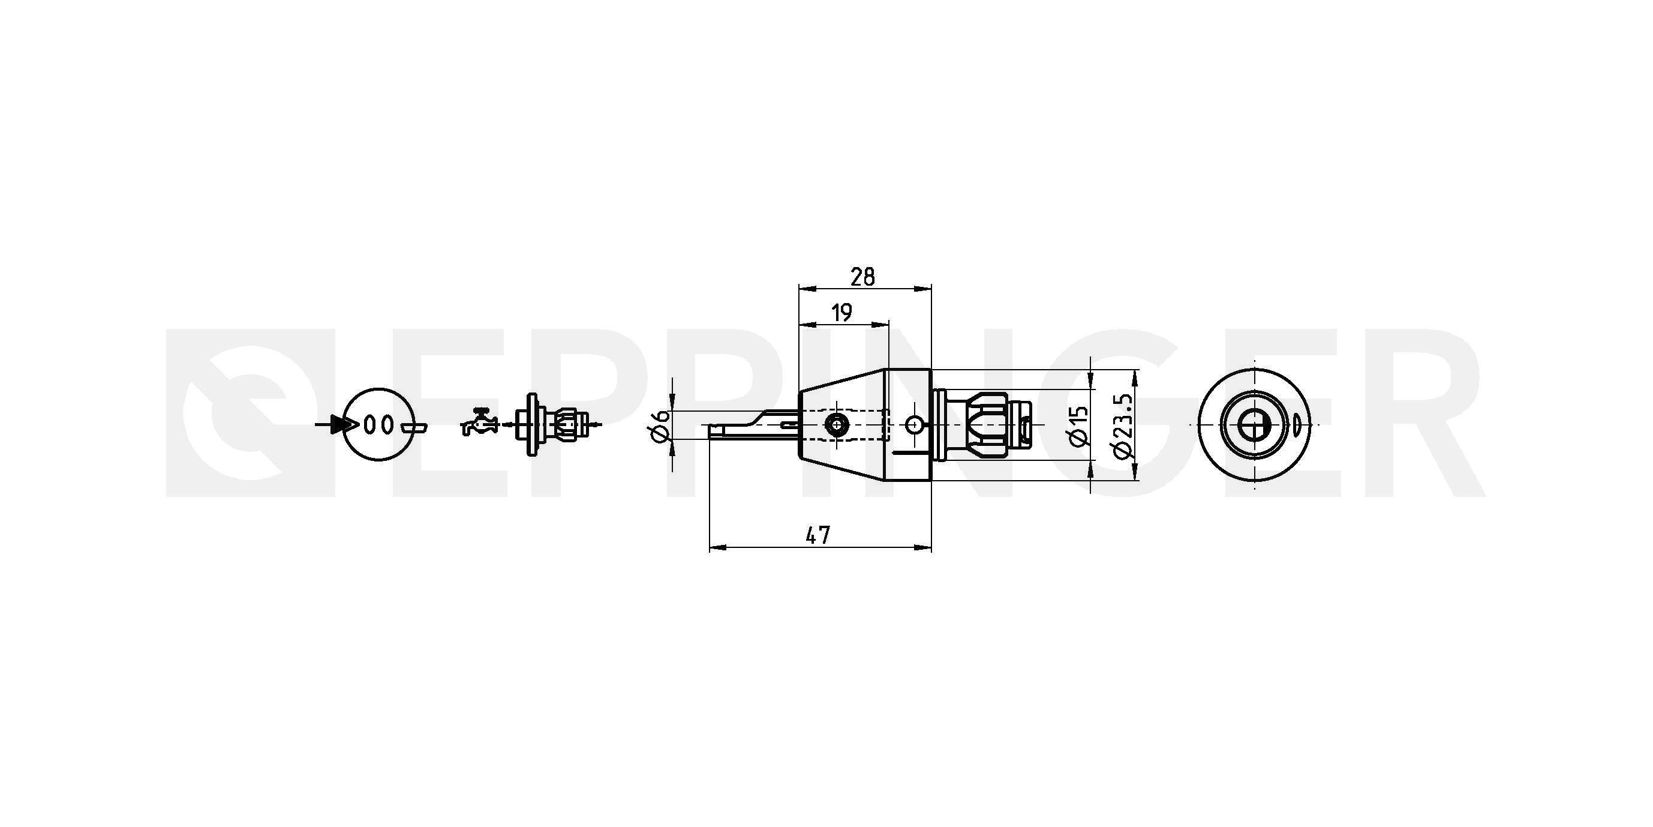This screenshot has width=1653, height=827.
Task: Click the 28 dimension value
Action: pyautogui.click(x=862, y=277)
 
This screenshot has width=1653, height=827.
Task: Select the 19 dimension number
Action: pyautogui.click(x=841, y=313)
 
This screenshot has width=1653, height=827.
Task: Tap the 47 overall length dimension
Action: pyautogui.click(x=818, y=535)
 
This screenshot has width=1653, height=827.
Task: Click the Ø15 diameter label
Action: pyautogui.click(x=1080, y=425)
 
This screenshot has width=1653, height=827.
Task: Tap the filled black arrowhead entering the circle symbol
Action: pyautogui.click(x=344, y=424)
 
